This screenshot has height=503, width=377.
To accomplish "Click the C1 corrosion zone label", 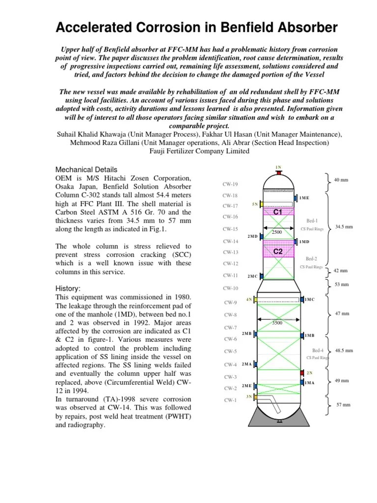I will click(x=278, y=212).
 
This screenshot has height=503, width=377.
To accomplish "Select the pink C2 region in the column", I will click(x=278, y=251).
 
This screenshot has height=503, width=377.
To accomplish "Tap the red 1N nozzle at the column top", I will click(x=278, y=172).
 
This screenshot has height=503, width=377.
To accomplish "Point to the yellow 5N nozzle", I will click(x=262, y=204).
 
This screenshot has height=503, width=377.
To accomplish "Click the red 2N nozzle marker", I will click(x=302, y=373).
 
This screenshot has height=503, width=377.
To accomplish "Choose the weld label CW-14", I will click(x=230, y=241).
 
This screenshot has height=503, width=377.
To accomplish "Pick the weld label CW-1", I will click(x=230, y=400).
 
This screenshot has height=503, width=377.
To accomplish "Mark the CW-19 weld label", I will click(x=230, y=184).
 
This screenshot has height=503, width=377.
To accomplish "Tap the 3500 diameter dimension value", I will click(x=278, y=323).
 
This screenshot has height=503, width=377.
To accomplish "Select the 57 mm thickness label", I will click(x=343, y=405).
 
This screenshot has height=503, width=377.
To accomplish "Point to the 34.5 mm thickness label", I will click(x=344, y=227).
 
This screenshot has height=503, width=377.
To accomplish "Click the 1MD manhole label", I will click(x=304, y=242).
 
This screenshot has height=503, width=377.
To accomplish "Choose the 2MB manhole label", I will click(x=246, y=334).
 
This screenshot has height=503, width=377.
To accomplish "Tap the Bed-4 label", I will click(x=318, y=350).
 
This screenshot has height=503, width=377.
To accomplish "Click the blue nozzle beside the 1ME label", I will click(x=296, y=198).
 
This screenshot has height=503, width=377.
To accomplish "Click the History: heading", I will click(x=68, y=288).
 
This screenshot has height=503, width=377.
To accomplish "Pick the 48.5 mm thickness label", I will click(x=344, y=351).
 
